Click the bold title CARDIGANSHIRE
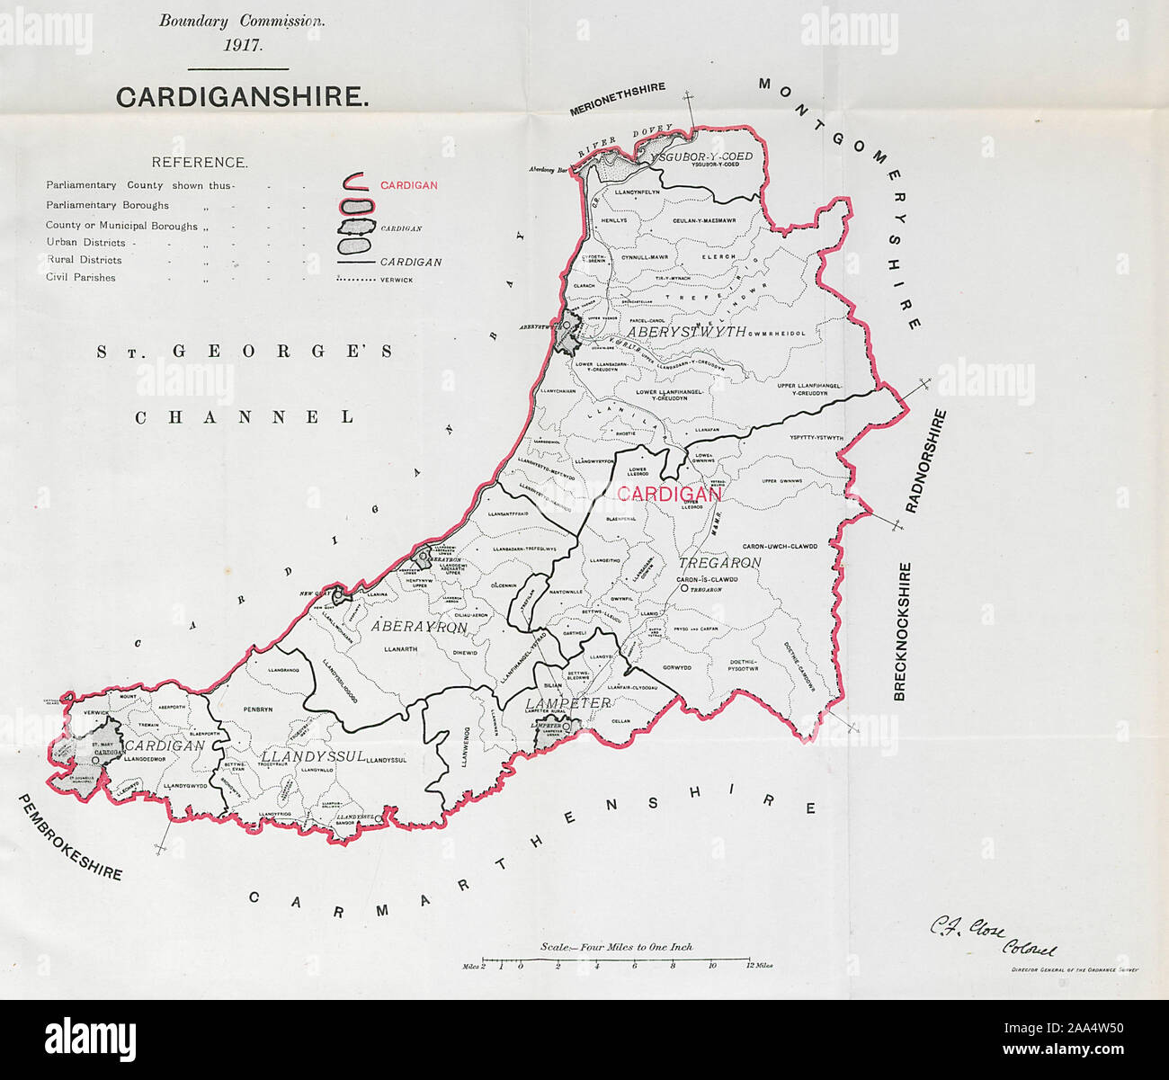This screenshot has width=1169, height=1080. point(242,97)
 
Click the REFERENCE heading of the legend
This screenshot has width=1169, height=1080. point(199,163)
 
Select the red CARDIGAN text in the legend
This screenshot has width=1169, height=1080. point(409,185)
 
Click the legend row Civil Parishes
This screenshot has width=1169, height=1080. point(81,278)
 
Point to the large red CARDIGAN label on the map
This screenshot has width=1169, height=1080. point(669,495)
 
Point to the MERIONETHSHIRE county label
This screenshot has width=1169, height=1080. point(617,100)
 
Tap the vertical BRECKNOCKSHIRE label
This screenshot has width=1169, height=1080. point(903,631)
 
